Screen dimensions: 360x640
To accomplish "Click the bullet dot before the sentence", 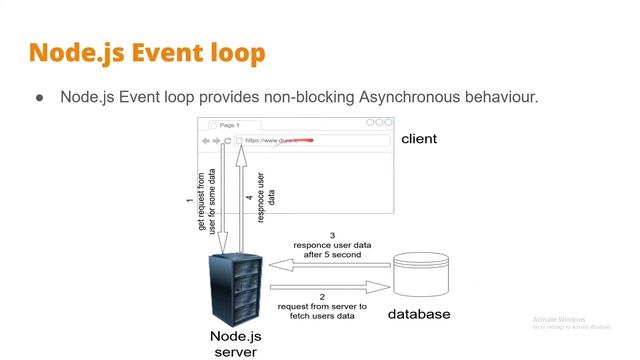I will (x=40, y=98).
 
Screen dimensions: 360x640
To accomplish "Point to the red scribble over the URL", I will (x=300, y=141).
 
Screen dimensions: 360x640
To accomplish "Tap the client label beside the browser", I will (x=419, y=139).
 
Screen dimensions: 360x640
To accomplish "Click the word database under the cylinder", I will (x=419, y=314).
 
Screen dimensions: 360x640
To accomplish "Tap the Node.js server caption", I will (x=236, y=343).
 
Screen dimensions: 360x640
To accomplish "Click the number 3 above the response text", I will (x=331, y=235).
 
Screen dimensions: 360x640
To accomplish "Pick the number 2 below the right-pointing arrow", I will (x=322, y=297).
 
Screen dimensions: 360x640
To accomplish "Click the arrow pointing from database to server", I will (x=329, y=265).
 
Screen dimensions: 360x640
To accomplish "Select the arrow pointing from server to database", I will (x=329, y=286).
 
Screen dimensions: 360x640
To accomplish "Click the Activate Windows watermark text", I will (x=559, y=320).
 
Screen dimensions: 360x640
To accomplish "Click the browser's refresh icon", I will (x=228, y=141).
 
